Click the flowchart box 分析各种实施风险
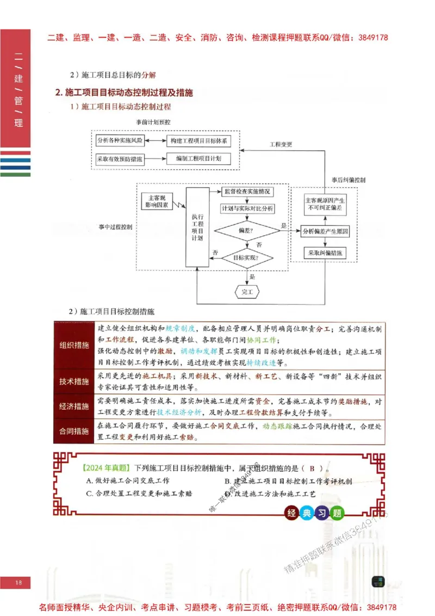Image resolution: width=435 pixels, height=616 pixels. (120, 140)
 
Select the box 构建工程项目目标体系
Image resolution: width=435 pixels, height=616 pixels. (198, 140)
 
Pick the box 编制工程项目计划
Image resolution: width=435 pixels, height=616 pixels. (198, 159)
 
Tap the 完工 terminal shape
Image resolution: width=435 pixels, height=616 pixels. (247, 292)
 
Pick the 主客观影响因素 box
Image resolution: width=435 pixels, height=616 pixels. (156, 201)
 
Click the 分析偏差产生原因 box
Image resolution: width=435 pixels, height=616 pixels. (325, 231)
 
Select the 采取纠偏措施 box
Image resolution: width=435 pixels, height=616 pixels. (325, 253)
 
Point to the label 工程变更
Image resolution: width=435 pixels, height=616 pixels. (281, 144)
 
